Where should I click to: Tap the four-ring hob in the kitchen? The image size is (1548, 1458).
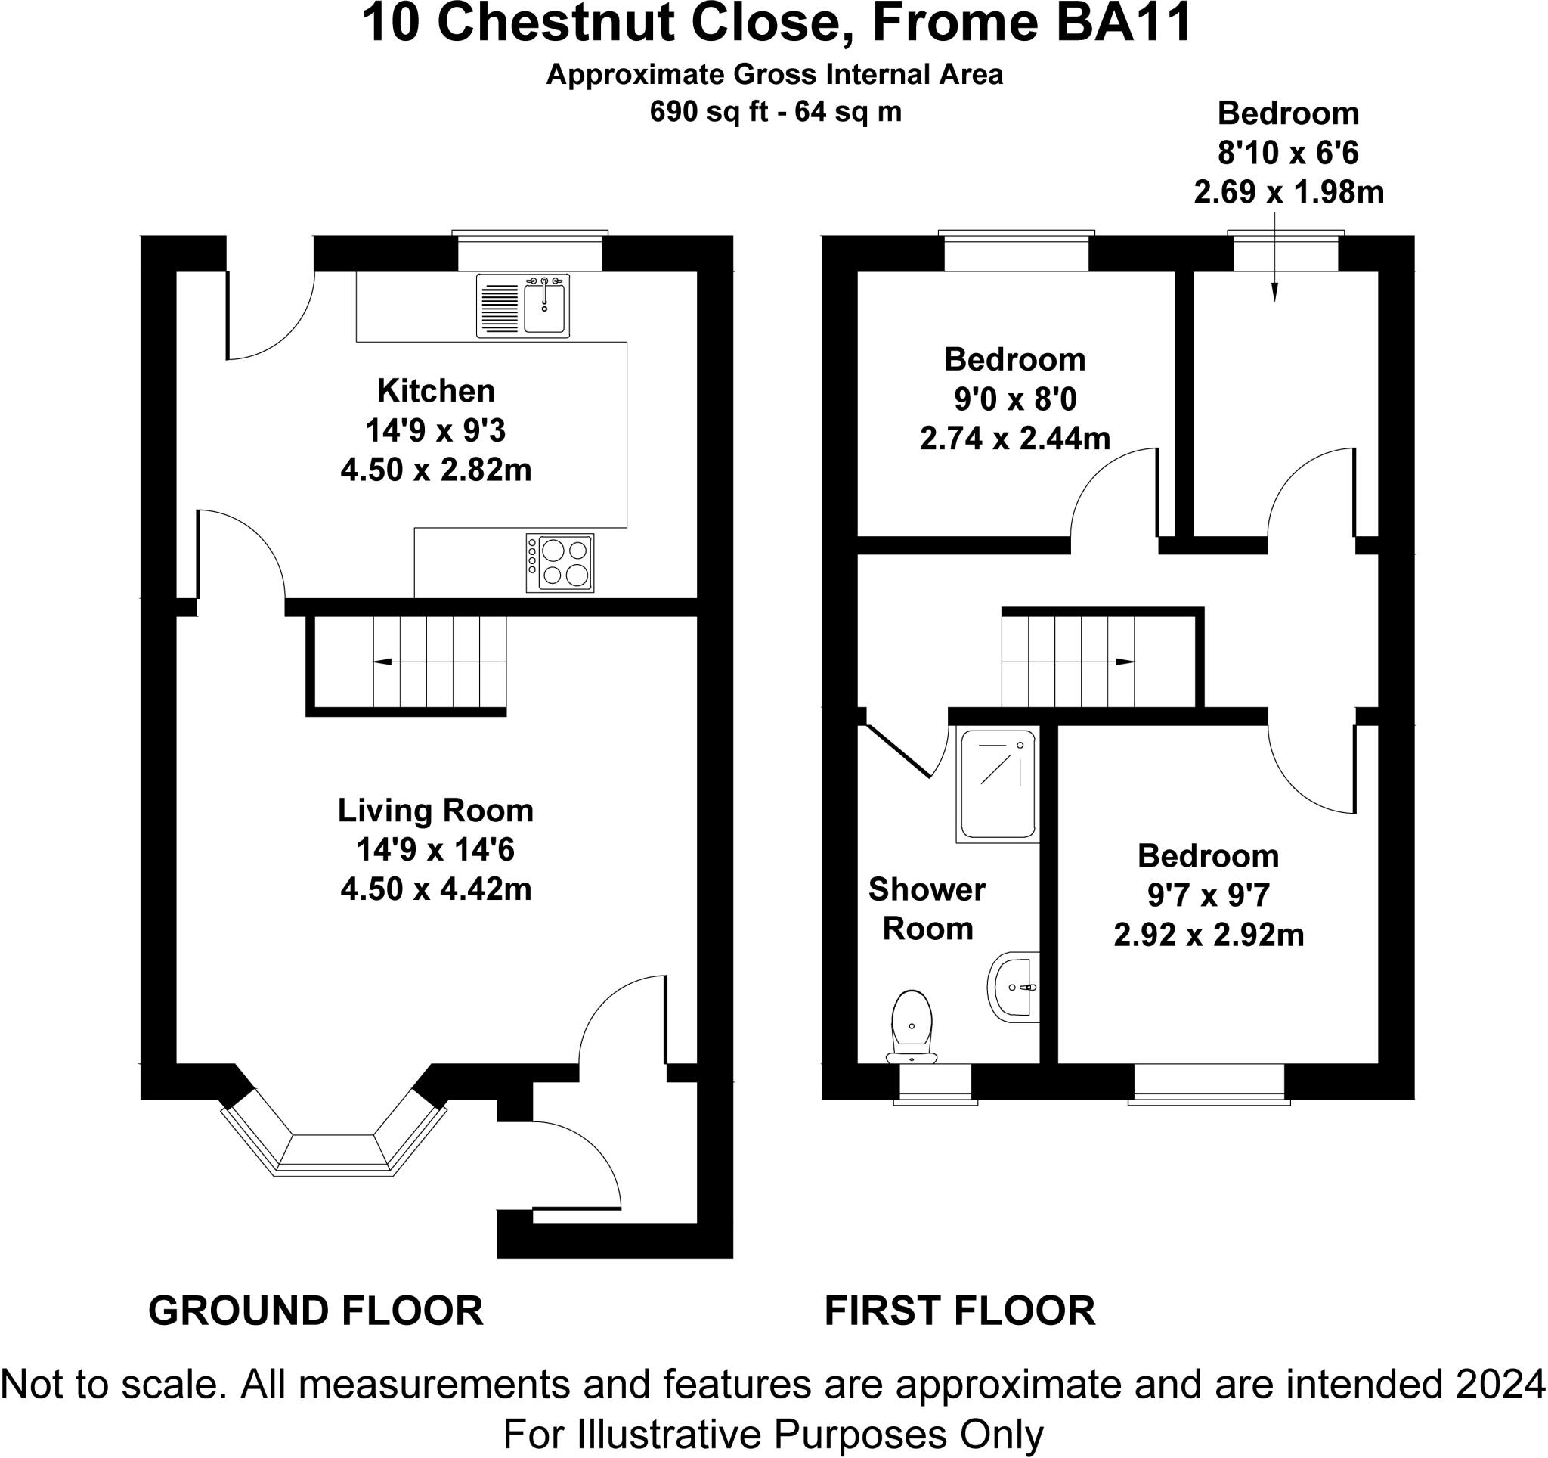[x=559, y=563]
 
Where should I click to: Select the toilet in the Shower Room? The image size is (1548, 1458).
[x=912, y=1027]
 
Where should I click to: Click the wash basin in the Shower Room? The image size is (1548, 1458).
[x=1013, y=987]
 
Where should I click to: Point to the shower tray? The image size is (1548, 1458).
[x=998, y=785]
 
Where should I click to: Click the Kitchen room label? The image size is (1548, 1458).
[x=436, y=390]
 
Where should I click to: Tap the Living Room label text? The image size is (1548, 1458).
[x=435, y=811]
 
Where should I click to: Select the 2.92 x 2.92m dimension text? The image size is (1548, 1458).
[x=1209, y=935]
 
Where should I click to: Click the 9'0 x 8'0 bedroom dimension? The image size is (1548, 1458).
[x=1014, y=399]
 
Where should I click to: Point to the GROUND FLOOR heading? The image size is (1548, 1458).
[x=315, y=1311]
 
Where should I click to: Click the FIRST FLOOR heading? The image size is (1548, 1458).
[x=959, y=1311]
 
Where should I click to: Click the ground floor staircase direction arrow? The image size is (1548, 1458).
[x=440, y=662]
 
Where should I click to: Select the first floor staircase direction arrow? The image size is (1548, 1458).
[x=1068, y=662]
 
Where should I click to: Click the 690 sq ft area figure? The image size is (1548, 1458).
[x=711, y=112]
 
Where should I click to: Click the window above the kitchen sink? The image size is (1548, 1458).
[x=530, y=251]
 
